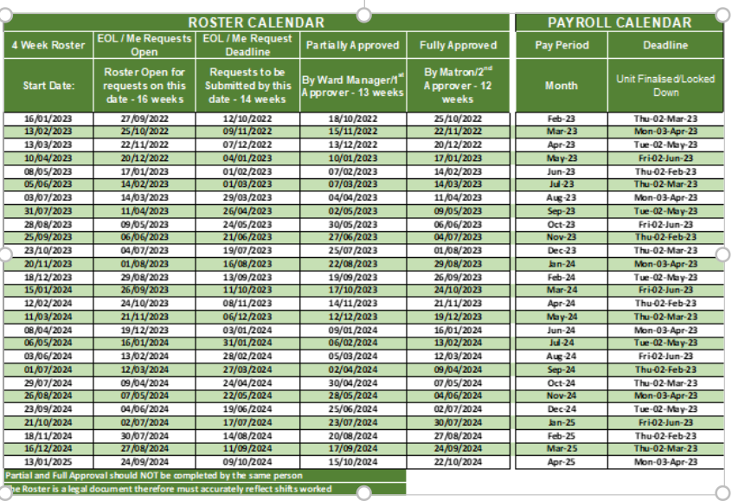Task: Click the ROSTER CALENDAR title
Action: [x=256, y=22]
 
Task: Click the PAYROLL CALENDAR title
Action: [x=620, y=22]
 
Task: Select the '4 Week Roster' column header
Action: [x=48, y=45]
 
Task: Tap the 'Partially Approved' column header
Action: [x=352, y=45]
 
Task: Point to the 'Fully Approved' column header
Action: [x=458, y=45]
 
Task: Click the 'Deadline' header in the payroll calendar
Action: [x=665, y=45]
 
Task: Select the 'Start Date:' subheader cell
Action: [x=48, y=86]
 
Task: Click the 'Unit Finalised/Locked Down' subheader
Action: [x=665, y=85]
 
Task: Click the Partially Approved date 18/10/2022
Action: [x=352, y=119]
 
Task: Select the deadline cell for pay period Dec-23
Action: [x=665, y=250]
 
